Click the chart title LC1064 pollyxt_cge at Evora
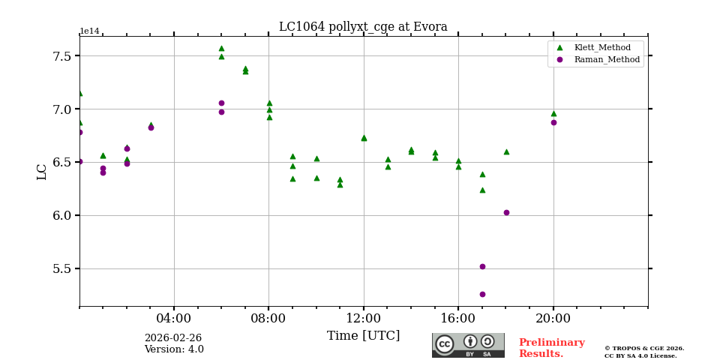click(x=363, y=27)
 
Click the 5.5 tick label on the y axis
click(x=62, y=268)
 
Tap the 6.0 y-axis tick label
click(x=62, y=215)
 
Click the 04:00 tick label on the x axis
click(x=174, y=317)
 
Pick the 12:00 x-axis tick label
click(x=364, y=317)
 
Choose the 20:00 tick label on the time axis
click(x=553, y=317)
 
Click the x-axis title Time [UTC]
click(x=363, y=336)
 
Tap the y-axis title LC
click(x=42, y=171)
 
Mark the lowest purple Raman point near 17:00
click(x=482, y=294)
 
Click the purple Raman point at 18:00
click(x=506, y=212)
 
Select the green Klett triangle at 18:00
click(x=506, y=151)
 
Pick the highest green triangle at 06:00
click(x=221, y=48)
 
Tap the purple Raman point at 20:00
click(x=553, y=122)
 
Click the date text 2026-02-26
click(x=173, y=338)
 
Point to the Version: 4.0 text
click(x=174, y=349)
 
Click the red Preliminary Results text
click(x=551, y=348)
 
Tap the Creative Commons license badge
click(x=468, y=345)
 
